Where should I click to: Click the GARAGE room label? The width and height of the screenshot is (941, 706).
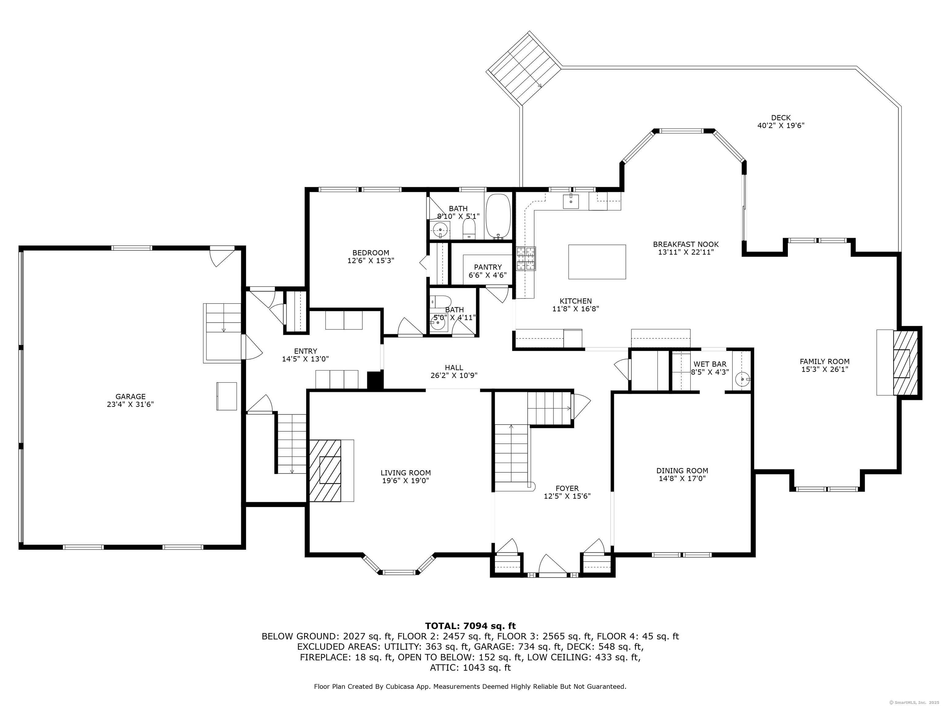[130, 396]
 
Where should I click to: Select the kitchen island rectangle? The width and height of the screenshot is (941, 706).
[597, 262]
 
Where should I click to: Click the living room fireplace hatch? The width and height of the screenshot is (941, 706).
[325, 471]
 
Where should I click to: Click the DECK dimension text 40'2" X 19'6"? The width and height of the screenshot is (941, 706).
[780, 126]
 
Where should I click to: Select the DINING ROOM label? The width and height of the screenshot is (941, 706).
[682, 471]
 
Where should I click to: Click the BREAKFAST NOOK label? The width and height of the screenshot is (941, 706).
[686, 244]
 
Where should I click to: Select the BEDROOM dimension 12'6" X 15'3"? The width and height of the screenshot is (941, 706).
[371, 260]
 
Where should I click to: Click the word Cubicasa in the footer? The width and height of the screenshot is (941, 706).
[402, 698]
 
